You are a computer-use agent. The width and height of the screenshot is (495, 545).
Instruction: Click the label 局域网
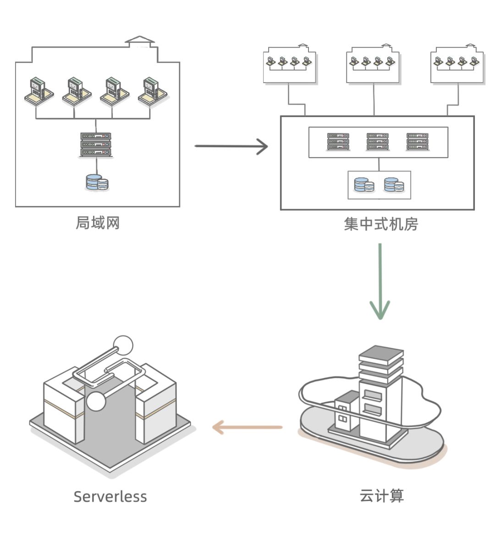(x=98, y=223)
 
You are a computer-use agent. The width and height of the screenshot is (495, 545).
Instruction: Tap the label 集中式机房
(x=381, y=224)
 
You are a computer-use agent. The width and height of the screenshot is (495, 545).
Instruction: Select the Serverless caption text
(x=110, y=497)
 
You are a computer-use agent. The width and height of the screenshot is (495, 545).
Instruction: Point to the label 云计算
(x=382, y=495)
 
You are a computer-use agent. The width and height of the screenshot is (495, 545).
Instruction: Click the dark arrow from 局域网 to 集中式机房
(x=231, y=146)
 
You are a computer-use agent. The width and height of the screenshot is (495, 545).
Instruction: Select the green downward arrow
(x=380, y=281)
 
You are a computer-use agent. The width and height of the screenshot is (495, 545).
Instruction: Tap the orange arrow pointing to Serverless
(x=247, y=427)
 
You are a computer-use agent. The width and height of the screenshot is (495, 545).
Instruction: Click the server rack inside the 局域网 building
(x=95, y=145)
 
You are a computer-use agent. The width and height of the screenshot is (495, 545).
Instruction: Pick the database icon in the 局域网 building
(x=97, y=182)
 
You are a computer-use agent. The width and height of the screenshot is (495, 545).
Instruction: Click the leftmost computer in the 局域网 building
(x=39, y=91)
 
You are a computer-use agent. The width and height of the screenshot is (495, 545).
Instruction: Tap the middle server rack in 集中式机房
(x=378, y=142)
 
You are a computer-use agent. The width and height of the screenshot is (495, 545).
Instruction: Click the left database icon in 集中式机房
(x=364, y=185)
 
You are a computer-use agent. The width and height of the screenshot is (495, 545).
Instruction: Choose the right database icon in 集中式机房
(x=394, y=185)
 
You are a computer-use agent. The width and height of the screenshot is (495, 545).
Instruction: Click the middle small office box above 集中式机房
(x=373, y=65)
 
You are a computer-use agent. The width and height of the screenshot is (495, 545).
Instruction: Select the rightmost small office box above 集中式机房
(x=457, y=65)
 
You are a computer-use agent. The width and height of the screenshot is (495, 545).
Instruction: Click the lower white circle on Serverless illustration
(x=96, y=401)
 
